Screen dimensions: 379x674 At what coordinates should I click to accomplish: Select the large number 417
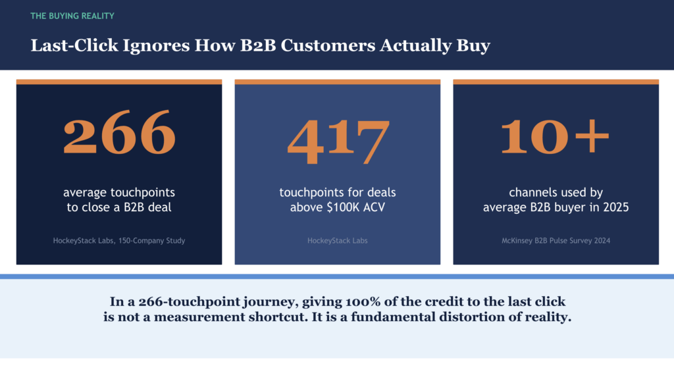[x=338, y=141]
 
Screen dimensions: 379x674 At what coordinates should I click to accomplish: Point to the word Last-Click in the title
[x=65, y=46]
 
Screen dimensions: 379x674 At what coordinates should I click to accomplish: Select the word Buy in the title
[x=473, y=46]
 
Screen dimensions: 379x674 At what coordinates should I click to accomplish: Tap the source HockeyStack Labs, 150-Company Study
[x=119, y=241]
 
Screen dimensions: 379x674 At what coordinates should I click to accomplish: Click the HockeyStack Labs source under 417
[x=338, y=241]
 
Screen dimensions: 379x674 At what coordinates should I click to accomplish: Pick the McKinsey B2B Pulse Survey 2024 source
[x=556, y=241]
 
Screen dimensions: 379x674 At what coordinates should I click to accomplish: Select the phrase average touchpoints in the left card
[x=119, y=193]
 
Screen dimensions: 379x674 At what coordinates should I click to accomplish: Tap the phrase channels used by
[x=556, y=193]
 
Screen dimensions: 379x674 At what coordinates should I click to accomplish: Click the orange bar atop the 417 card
[x=338, y=82]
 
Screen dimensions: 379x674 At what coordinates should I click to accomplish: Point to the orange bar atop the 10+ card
[x=556, y=82]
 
